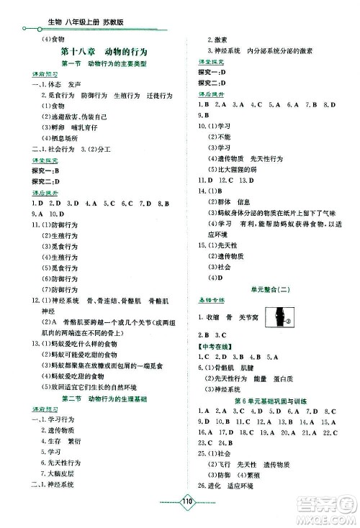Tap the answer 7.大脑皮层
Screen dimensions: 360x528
64,473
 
